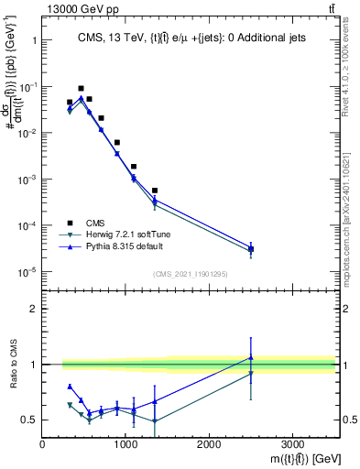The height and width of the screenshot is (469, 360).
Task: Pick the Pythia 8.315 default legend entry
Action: [x=132, y=248]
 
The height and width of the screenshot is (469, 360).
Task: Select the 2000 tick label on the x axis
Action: [x=209, y=444]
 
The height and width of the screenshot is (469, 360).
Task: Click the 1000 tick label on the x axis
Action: [x=125, y=444]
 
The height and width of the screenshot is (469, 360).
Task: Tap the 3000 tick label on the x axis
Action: [x=292, y=444]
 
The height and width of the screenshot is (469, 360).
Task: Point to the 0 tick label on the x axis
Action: [x=42, y=444]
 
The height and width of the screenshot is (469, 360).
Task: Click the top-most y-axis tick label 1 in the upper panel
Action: [x=34, y=40]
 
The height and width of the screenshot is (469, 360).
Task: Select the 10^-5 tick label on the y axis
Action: [x=27, y=271]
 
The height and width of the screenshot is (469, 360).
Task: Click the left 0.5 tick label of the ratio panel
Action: [x=29, y=420]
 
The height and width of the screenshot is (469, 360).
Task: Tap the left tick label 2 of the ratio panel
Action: [x=34, y=310]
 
